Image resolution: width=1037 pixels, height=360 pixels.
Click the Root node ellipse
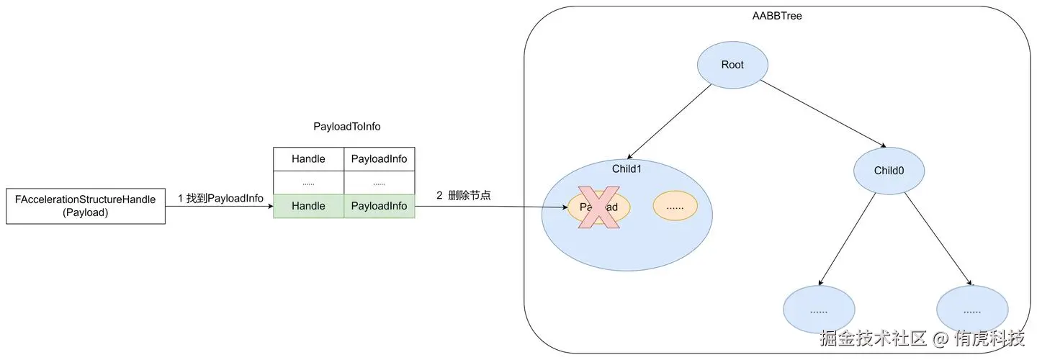732,65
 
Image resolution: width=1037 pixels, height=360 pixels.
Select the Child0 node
889,171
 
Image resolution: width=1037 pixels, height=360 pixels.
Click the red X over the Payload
599,207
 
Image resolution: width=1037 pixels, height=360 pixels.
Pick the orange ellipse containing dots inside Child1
675,207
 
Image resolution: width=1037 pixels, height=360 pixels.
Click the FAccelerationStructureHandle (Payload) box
86,206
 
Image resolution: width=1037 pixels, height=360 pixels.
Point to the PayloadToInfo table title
346,126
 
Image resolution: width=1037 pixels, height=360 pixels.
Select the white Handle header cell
308,159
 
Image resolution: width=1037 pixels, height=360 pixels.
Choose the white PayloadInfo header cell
379,159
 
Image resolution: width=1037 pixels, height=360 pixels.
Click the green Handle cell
308,206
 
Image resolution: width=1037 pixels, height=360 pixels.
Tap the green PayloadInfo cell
379,206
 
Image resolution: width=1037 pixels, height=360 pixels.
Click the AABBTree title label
778,16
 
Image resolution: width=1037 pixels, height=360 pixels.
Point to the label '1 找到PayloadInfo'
220,198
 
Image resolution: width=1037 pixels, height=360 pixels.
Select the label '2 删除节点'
463,195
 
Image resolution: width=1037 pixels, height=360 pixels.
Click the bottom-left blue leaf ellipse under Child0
819,310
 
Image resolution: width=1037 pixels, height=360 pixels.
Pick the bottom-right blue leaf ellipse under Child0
972,310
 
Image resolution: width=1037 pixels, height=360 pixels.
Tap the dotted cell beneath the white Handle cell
308,183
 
